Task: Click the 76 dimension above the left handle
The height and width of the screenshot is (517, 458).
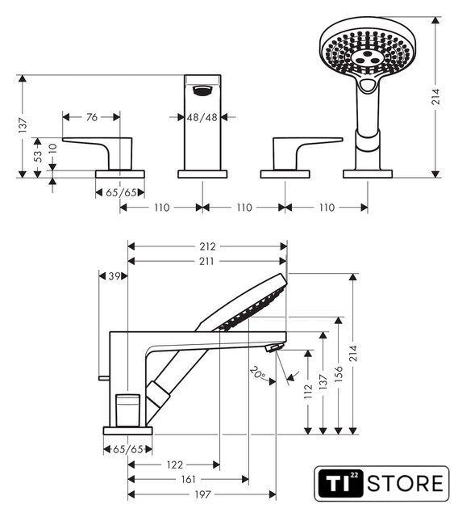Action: click(92, 117)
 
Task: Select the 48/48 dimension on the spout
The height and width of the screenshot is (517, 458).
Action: click(202, 117)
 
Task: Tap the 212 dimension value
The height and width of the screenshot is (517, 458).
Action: click(207, 246)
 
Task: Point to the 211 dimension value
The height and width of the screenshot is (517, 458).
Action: click(206, 262)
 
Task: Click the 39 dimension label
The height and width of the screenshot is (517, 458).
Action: click(114, 276)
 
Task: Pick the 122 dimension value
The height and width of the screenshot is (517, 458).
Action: click(175, 465)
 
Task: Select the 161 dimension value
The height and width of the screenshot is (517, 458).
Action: click(188, 479)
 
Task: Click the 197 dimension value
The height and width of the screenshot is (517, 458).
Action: click(202, 494)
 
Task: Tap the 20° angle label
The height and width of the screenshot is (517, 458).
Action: click(258, 372)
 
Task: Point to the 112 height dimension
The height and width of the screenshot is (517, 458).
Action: click(308, 391)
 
